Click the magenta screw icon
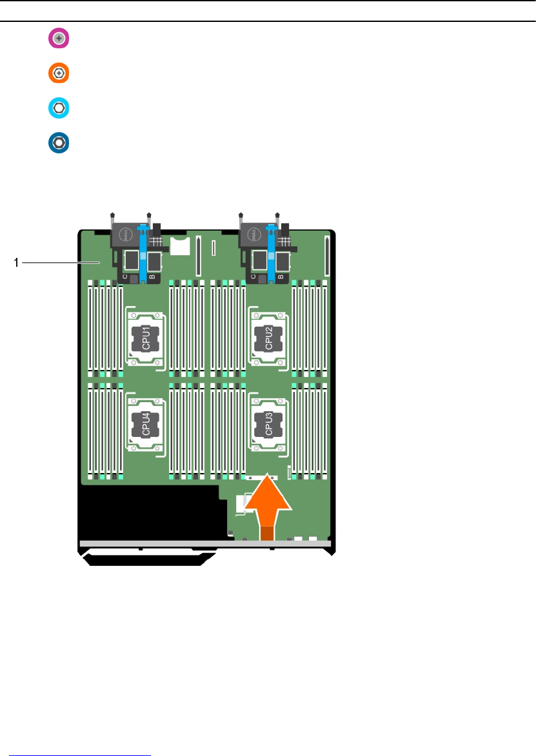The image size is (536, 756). [59, 39]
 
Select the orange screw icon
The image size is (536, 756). [59, 73]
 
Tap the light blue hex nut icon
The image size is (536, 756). [59, 108]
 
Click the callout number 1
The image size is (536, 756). [17, 262]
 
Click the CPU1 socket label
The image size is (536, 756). [146, 338]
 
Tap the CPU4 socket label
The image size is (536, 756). [146, 423]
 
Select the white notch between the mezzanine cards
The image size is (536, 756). [181, 246]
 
